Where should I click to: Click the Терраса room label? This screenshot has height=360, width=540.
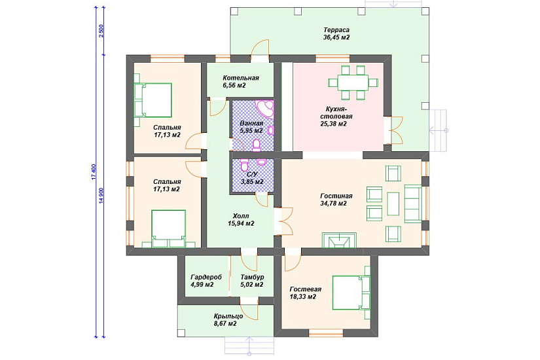(x=336, y=30)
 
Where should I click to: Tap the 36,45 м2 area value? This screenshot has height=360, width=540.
(x=336, y=37)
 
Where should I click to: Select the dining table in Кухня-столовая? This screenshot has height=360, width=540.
(x=353, y=82)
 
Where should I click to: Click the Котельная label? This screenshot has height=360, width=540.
(x=240, y=78)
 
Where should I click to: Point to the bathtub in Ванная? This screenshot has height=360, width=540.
(x=264, y=109)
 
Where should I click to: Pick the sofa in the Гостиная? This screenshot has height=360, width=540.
(x=413, y=204)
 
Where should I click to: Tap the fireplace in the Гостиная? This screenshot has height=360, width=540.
(x=339, y=240)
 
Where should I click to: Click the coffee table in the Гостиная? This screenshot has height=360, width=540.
(x=393, y=204)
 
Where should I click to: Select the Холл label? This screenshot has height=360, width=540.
(x=241, y=216)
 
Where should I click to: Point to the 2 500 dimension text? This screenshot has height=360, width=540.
(x=101, y=31)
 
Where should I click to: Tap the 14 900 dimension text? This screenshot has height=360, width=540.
(x=101, y=196)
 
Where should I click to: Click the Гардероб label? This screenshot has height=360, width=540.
(x=206, y=277)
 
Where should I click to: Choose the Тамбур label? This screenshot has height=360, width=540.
(x=252, y=277)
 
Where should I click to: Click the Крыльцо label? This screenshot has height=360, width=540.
(x=228, y=316)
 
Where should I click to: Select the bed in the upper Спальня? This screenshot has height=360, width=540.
(x=153, y=100)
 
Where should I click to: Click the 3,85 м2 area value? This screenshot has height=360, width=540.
(x=252, y=182)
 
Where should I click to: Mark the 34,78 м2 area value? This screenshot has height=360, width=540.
(x=333, y=204)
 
